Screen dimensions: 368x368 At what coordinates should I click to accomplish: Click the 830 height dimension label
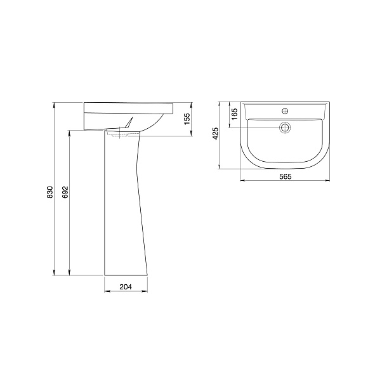50,192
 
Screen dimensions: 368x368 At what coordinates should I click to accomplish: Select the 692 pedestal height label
65,192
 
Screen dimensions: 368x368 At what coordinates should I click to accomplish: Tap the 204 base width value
126,287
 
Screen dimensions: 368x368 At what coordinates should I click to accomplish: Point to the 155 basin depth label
187,119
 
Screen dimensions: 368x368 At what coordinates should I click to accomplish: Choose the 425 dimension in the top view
215,133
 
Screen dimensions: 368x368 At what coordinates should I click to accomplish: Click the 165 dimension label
234,114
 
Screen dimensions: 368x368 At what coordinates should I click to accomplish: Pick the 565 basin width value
285,176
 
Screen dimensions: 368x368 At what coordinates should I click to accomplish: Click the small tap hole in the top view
285,111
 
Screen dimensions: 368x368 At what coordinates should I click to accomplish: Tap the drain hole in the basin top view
285,128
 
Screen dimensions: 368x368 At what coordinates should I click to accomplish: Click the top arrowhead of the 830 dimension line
54,105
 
